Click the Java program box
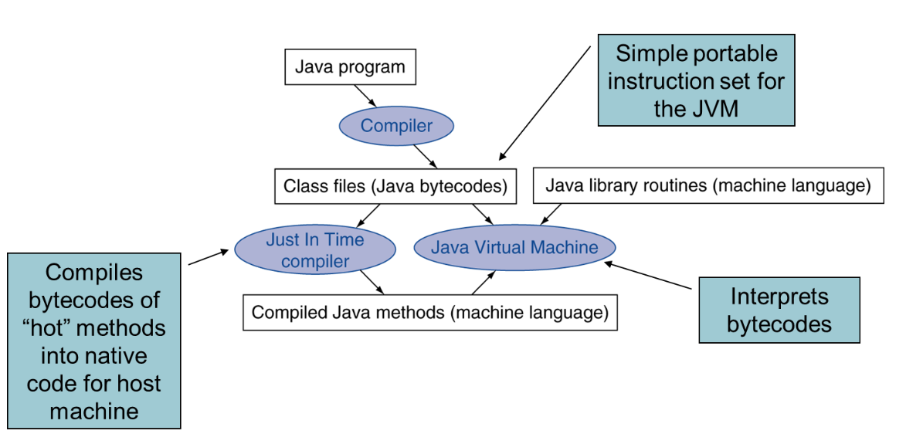click(350, 67)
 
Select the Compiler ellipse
click(396, 126)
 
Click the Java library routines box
click(708, 185)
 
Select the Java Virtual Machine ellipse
click(514, 248)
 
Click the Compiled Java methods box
click(429, 313)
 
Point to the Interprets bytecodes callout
click(779, 310)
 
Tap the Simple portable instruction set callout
click(696, 80)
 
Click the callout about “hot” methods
click(94, 341)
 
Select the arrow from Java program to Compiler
click(366, 96)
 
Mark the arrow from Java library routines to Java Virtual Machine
click(551, 215)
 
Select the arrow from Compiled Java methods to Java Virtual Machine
click(483, 282)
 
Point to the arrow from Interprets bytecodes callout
click(649, 276)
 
